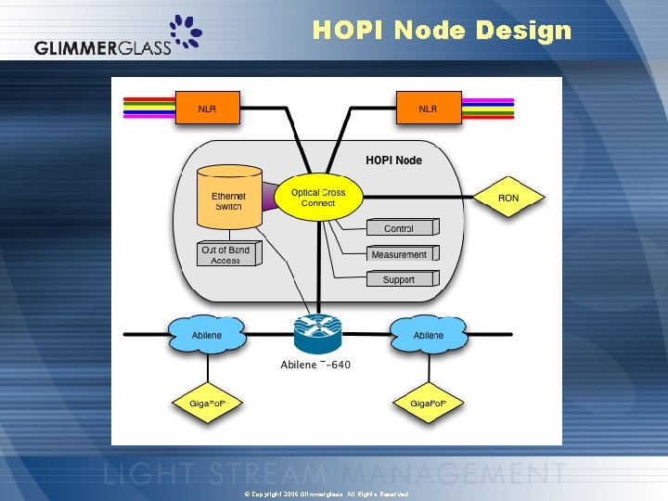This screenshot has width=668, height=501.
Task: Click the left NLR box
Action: click(x=208, y=109)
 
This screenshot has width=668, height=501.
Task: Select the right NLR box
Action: click(x=428, y=109)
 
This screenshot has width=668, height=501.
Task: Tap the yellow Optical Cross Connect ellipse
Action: click(x=317, y=198)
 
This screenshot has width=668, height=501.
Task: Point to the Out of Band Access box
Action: click(x=225, y=255)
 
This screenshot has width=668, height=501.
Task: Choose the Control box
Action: click(x=399, y=228)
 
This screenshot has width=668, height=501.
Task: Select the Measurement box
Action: click(x=399, y=254)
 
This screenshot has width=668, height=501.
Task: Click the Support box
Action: click(x=399, y=279)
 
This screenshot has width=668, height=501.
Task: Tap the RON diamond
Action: click(x=508, y=198)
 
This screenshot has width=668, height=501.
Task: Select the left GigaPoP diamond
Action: click(x=208, y=403)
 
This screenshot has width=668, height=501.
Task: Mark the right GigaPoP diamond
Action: click(x=428, y=403)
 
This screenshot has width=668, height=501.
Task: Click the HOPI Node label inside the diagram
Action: click(x=393, y=161)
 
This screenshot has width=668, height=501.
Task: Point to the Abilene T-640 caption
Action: click(x=315, y=365)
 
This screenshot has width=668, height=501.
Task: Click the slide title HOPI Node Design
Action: click(x=442, y=31)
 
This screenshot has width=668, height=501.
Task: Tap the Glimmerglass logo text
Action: click(x=103, y=48)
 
